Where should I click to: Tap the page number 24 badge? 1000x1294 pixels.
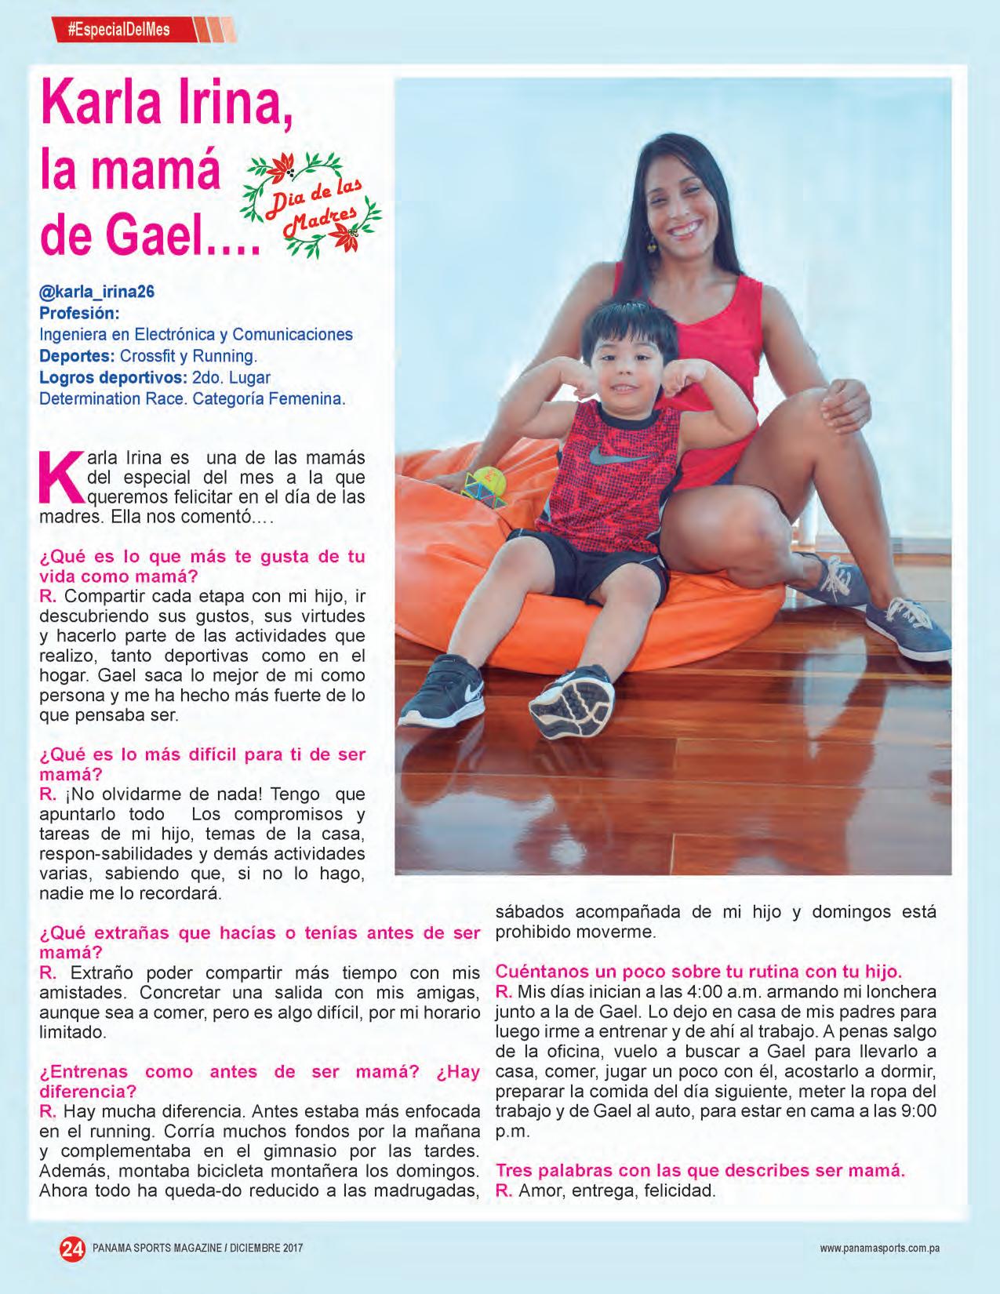coord(73,1248)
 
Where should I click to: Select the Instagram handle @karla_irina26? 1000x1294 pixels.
coord(96,292)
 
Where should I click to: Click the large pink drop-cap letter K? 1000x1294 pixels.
coord(59,475)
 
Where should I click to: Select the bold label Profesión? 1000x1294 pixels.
coord(79,313)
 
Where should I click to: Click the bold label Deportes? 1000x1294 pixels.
coord(77,355)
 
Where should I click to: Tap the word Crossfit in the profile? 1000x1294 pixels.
coord(149,355)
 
